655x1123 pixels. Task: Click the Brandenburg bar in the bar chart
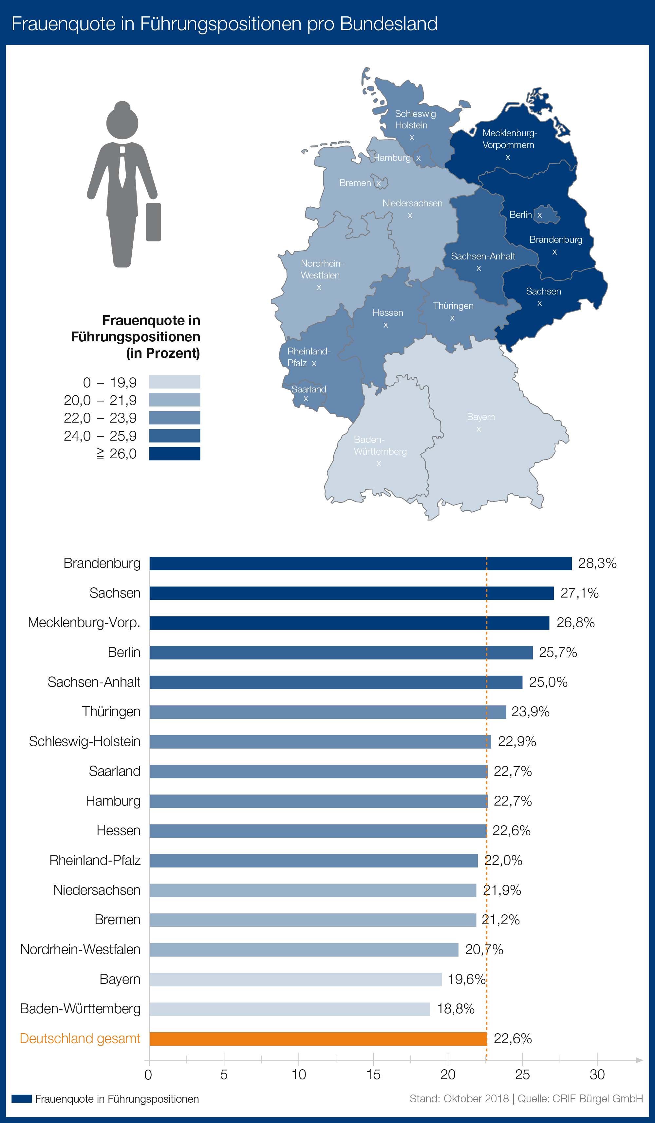point(360,563)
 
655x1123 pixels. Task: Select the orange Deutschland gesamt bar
point(318,1039)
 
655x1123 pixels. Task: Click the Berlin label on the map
point(520,215)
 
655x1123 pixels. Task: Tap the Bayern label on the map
point(481,417)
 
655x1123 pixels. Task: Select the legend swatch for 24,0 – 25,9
point(174,435)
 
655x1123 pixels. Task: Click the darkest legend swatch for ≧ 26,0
point(174,454)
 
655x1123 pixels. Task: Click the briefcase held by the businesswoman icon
point(153,222)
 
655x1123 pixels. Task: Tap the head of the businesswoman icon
point(122,122)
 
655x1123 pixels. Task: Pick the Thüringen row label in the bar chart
point(111,712)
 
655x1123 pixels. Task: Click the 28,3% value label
point(597,563)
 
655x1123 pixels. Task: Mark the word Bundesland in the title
point(388,24)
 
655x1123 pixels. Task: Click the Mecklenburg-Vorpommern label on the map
point(509,139)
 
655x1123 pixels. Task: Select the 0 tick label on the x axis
point(148,1075)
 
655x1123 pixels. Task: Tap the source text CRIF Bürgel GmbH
point(597,1098)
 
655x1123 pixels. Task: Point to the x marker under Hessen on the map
point(386,325)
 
